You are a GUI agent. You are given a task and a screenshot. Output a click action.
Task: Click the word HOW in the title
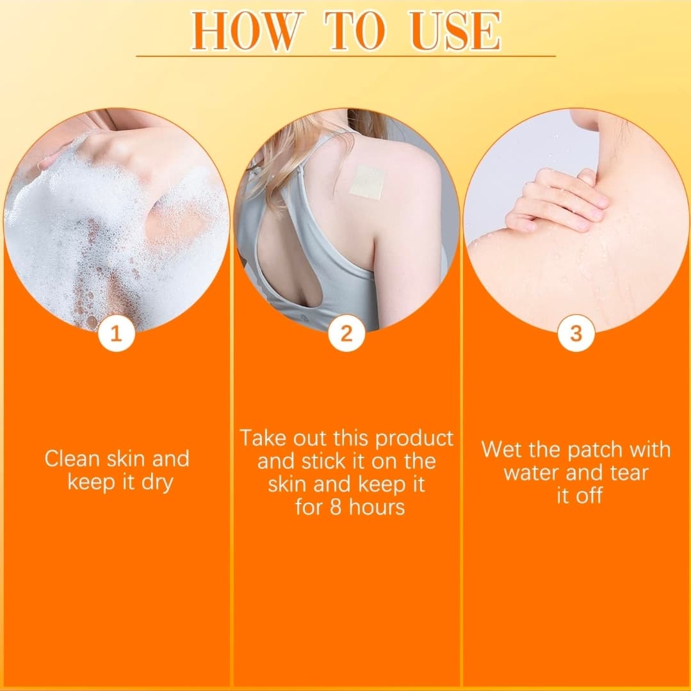click(244, 31)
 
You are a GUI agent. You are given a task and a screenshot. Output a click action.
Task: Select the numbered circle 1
click(116, 333)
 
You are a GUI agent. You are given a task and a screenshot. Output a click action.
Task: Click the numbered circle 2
click(346, 333)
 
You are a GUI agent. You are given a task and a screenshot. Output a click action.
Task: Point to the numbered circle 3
click(576, 333)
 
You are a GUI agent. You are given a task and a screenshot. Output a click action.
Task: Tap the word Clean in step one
click(72, 459)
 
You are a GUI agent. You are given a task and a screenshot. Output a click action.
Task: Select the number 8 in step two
click(336, 507)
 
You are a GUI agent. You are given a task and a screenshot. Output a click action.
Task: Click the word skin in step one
click(127, 459)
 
